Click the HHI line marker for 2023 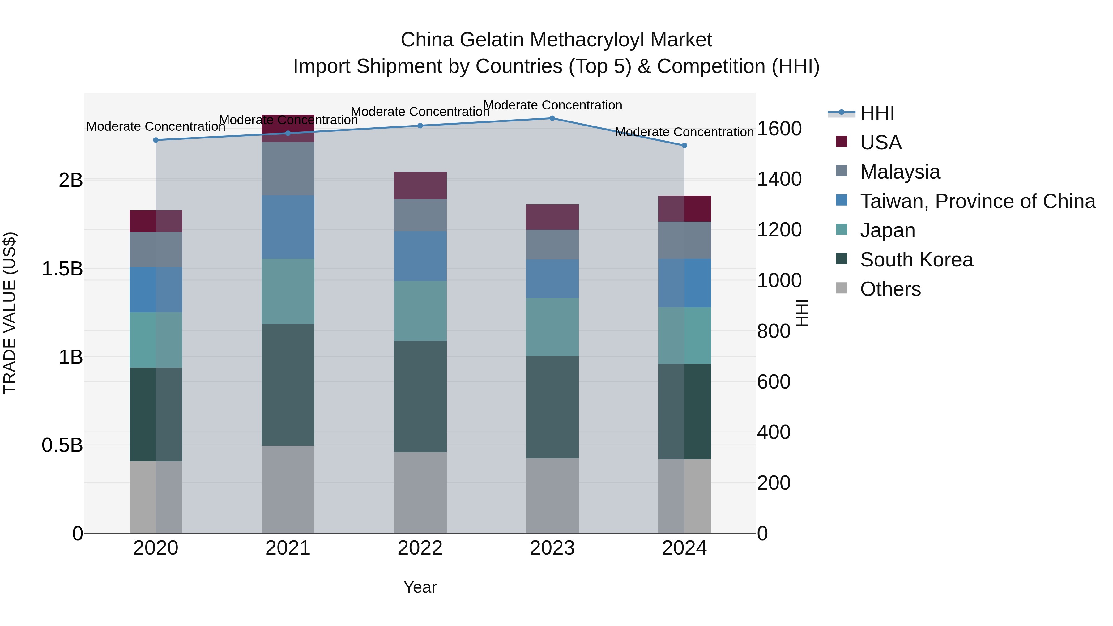pyautogui.click(x=552, y=118)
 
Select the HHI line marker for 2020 pyautogui.click(x=156, y=140)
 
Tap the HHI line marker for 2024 pyautogui.click(x=684, y=146)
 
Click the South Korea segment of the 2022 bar pyautogui.click(x=420, y=396)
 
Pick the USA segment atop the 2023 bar pyautogui.click(x=552, y=217)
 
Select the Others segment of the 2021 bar pyautogui.click(x=288, y=489)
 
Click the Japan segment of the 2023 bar pyautogui.click(x=552, y=327)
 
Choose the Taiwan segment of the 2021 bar pyautogui.click(x=288, y=227)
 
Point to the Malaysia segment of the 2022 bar pyautogui.click(x=420, y=215)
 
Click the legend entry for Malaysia pyautogui.click(x=900, y=172)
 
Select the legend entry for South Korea pyautogui.click(x=916, y=260)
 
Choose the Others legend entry pyautogui.click(x=890, y=289)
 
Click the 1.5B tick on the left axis pyautogui.click(x=62, y=269)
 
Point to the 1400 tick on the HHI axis pyautogui.click(x=779, y=179)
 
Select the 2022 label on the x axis pyautogui.click(x=420, y=548)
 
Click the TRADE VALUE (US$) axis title pyautogui.click(x=10, y=313)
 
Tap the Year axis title pyautogui.click(x=420, y=587)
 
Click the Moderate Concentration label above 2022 pyautogui.click(x=420, y=112)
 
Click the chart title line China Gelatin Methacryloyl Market pyautogui.click(x=556, y=40)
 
